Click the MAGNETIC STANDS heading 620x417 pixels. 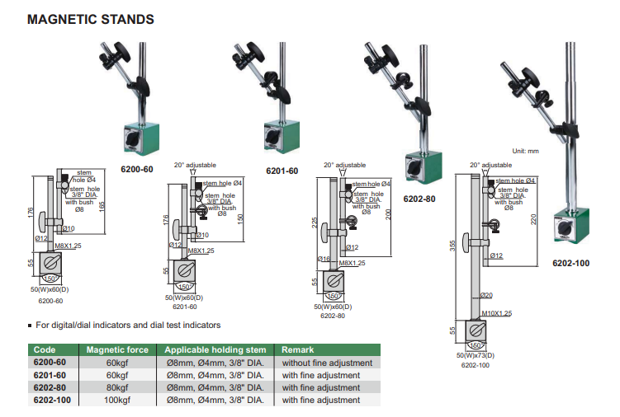pyautogui.click(x=90, y=17)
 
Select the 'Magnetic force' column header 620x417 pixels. pyautogui.click(x=117, y=349)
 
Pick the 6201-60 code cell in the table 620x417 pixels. pyautogui.click(x=50, y=375)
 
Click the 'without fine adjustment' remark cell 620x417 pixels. pyautogui.click(x=327, y=363)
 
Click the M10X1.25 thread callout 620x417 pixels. pyautogui.click(x=497, y=314)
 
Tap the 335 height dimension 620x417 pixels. pyautogui.click(x=452, y=247)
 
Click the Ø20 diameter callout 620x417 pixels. pyautogui.click(x=487, y=295)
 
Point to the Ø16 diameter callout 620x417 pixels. pyautogui.click(x=324, y=260)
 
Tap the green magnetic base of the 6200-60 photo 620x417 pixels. pyautogui.click(x=137, y=137)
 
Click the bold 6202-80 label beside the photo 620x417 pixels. pyautogui.click(x=419, y=199)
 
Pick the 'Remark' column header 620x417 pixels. pyautogui.click(x=299, y=349)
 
